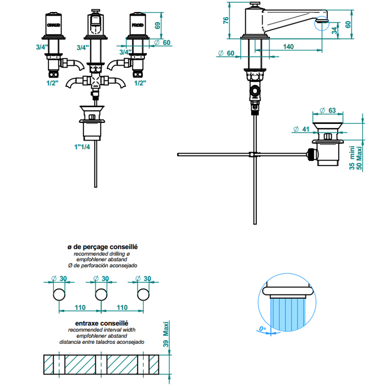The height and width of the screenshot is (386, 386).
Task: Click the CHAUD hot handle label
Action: coord(54,24)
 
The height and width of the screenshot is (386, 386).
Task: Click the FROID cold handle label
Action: coord(137,24)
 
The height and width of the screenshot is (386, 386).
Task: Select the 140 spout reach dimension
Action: coord(289,46)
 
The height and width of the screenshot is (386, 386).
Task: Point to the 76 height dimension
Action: coord(226,20)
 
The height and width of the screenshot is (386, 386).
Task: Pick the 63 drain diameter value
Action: coord(331,110)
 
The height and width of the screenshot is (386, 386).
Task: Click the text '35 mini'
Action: coord(352,158)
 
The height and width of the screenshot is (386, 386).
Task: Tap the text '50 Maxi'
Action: coord(359,158)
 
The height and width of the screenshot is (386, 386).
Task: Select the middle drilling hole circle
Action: coord(101,295)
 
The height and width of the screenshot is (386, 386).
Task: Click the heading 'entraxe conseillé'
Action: coord(102,323)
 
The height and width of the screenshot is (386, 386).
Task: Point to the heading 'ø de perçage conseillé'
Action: coord(102,247)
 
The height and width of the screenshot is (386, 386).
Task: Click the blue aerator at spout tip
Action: coord(322,21)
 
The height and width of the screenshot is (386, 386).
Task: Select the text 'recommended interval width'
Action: coord(102,330)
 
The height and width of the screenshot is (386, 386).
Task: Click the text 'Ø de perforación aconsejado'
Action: coord(102,266)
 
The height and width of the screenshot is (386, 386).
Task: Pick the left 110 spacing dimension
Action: coord(80,307)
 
